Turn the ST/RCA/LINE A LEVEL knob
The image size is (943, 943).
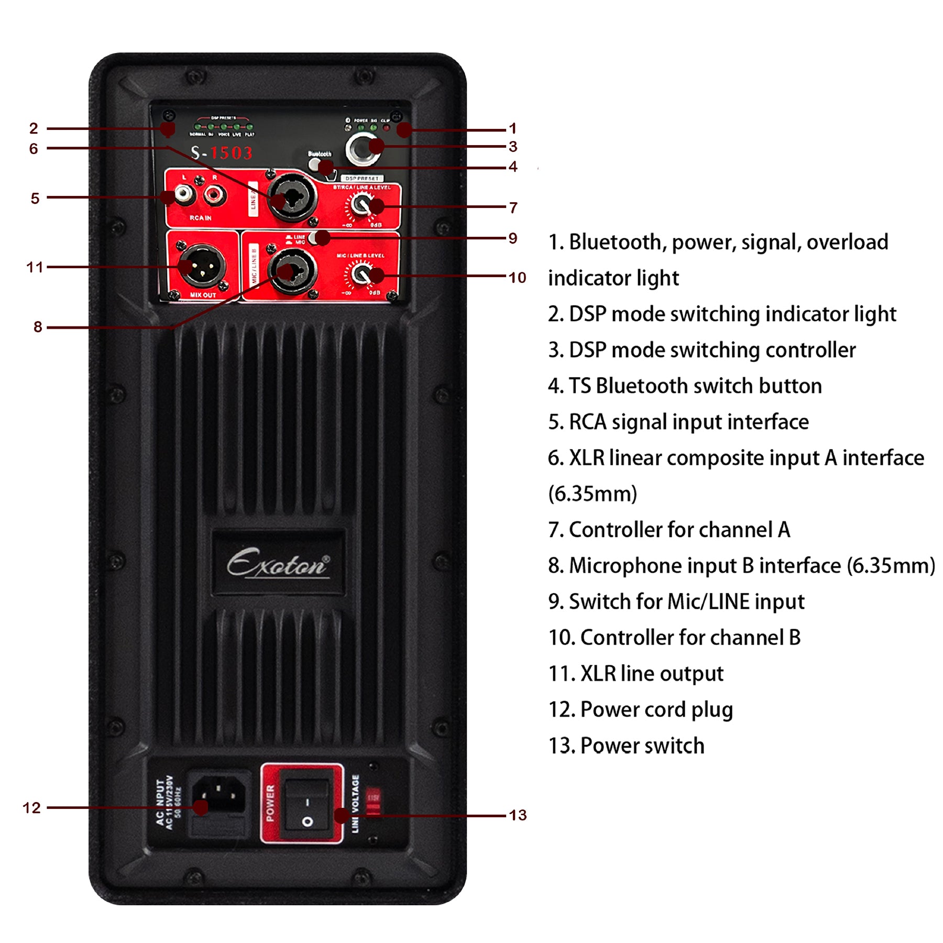[x=360, y=204]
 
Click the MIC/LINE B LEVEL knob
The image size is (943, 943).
[x=361, y=272]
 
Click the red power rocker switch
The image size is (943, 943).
[x=306, y=807]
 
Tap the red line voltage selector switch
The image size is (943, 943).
[x=373, y=801]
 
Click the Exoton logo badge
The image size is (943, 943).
[x=278, y=563]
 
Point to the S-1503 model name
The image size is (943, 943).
[x=222, y=153]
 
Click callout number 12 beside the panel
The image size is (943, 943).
[x=31, y=807]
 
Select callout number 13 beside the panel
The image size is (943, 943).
[x=518, y=815]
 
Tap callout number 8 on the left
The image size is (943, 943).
[x=37, y=327]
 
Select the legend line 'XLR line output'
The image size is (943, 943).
[x=651, y=674]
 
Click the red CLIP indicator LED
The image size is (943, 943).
[x=387, y=127]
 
